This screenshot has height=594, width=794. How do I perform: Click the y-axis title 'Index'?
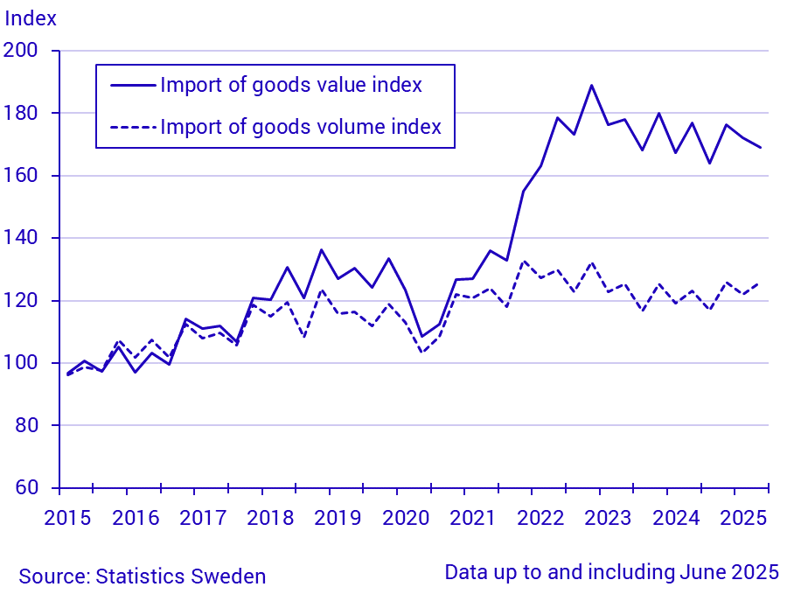coord(31,17)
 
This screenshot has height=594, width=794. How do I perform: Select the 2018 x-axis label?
coord(270,518)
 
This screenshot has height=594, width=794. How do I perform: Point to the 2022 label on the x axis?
coord(540,518)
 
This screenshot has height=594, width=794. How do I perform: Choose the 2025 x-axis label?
coord(742,518)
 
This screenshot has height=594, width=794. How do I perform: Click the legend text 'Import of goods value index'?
coord(291,85)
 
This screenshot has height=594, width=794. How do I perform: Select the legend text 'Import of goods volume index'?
coord(301,127)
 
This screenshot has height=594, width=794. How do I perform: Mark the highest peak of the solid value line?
coord(592,86)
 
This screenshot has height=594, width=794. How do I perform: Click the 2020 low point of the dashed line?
coord(422,353)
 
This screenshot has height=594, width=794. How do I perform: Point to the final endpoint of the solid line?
coord(760,148)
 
